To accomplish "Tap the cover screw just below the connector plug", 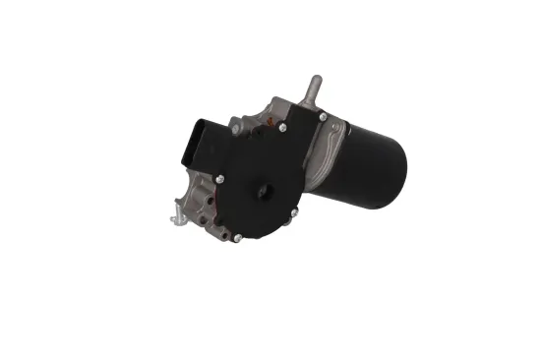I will (219, 179).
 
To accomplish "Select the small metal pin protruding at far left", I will (169, 216).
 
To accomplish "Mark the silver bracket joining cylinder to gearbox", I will (329, 157).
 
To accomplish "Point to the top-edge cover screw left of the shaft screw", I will (282, 127).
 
